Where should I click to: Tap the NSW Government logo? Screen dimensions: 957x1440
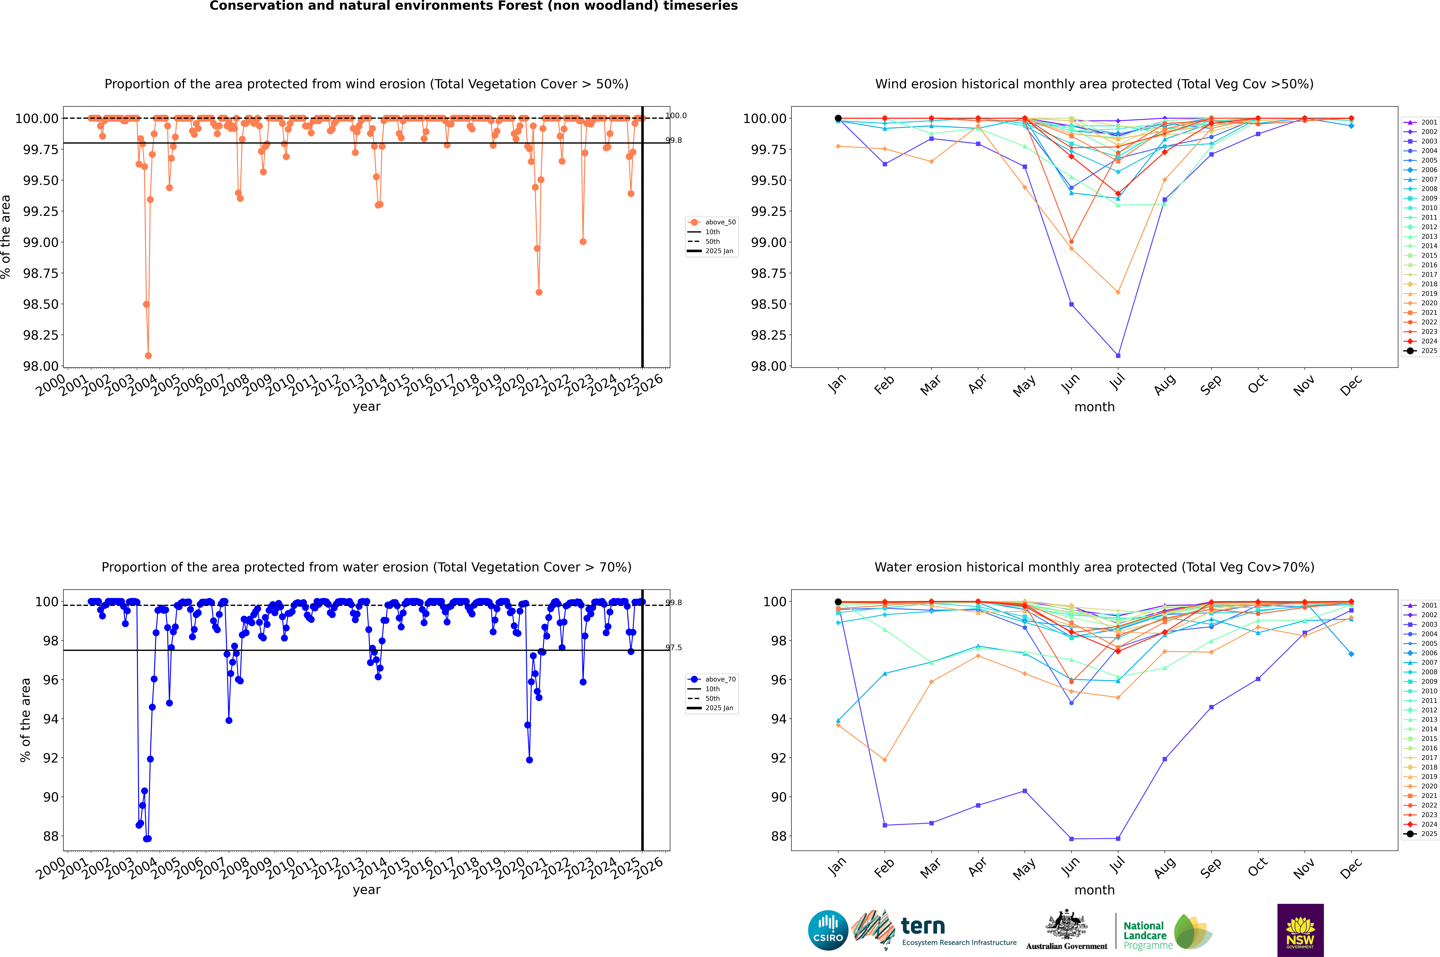click(x=1300, y=930)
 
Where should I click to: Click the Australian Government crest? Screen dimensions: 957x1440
click(x=1066, y=927)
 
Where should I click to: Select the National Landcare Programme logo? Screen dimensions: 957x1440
click(x=1167, y=931)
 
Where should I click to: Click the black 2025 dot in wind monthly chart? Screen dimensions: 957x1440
click(x=838, y=118)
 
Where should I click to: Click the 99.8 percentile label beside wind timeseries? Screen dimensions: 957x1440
click(x=674, y=140)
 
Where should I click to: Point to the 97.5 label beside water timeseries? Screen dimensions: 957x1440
click(x=674, y=648)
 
